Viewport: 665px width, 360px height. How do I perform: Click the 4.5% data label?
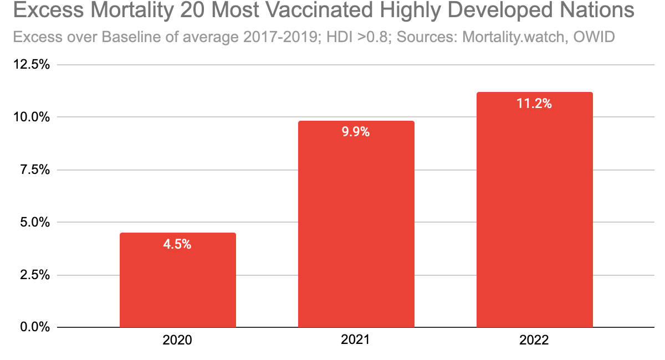[177, 244]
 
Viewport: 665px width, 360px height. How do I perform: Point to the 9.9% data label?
[356, 132]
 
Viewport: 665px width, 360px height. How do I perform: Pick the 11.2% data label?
[534, 104]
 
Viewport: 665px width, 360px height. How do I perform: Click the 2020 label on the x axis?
[177, 340]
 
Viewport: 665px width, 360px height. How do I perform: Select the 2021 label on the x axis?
[356, 340]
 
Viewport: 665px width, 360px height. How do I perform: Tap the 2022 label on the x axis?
[534, 340]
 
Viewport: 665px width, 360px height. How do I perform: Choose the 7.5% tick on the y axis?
[34, 170]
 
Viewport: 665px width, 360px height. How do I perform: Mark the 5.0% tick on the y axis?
[34, 223]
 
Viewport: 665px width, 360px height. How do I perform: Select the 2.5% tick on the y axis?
[34, 275]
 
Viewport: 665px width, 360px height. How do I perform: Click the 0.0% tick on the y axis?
[34, 327]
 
